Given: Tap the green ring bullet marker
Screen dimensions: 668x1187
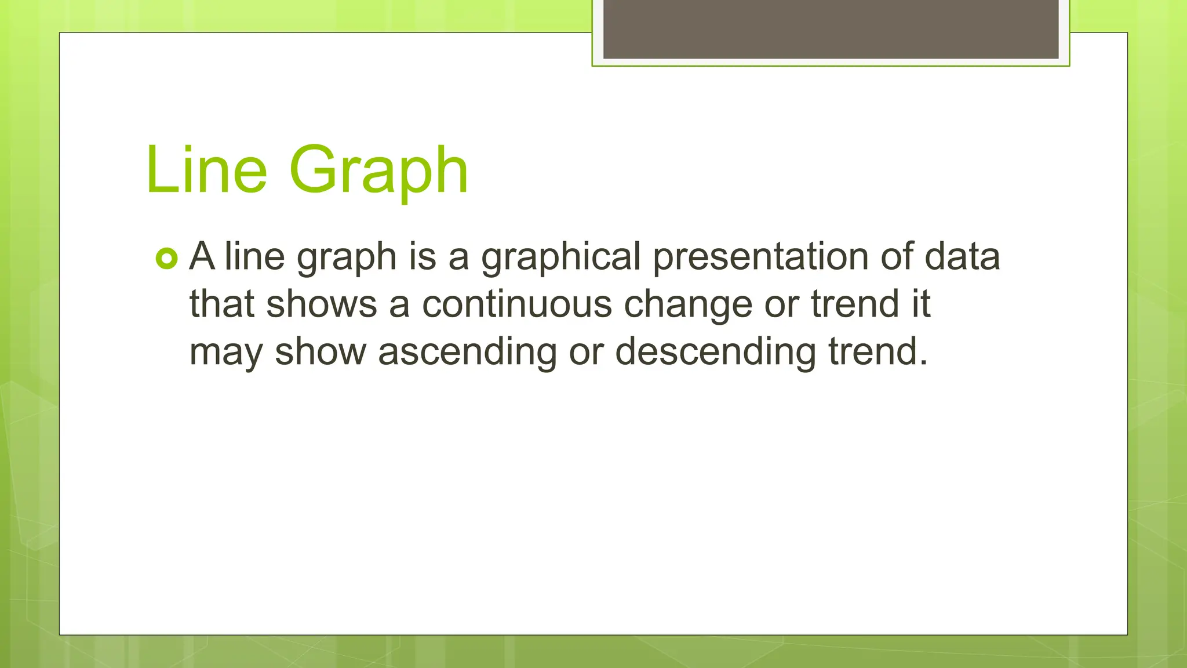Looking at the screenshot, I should [x=167, y=259].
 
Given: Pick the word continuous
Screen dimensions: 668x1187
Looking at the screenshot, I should [x=516, y=304].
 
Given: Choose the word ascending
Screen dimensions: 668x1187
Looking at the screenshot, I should [x=467, y=353].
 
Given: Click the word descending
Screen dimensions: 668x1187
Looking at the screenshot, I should [x=715, y=353].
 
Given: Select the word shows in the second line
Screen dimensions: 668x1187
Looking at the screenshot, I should [x=321, y=304].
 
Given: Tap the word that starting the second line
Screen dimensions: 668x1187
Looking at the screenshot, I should [x=221, y=304].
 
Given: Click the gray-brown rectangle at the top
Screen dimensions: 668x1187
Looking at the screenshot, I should [x=831, y=29].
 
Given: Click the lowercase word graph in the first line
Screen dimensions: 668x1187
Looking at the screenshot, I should [x=346, y=257].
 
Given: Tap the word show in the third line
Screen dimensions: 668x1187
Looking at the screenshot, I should [x=320, y=351].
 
